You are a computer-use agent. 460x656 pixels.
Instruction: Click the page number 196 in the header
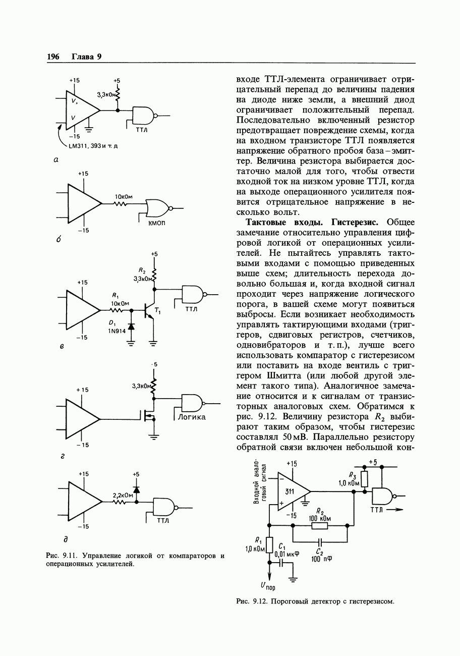[x=53, y=57]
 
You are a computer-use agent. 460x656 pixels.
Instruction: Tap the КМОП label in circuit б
[x=156, y=223]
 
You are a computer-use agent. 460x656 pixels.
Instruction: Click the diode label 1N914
[x=117, y=331]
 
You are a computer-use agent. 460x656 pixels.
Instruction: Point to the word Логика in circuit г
[x=191, y=417]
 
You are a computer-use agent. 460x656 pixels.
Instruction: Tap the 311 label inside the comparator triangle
[x=290, y=491]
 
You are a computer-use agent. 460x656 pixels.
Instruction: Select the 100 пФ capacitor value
[x=321, y=559]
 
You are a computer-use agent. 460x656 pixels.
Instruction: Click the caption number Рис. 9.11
[x=61, y=556]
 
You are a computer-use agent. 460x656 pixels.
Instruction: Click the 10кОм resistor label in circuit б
[x=123, y=196]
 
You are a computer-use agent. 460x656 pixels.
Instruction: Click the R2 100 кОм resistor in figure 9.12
[x=319, y=526]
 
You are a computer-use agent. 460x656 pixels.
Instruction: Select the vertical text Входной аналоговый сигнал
[x=260, y=482]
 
